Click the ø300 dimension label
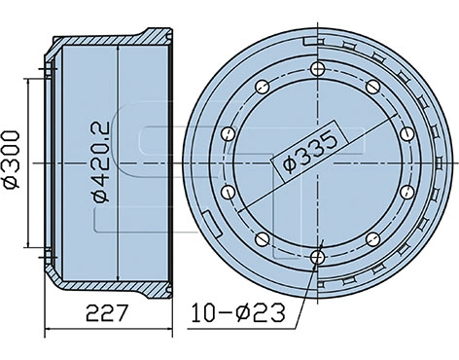[13, 157]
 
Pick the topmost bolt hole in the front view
[318, 68]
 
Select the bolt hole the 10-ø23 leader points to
[318, 257]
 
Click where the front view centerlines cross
[318, 162]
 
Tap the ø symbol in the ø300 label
[13, 181]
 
